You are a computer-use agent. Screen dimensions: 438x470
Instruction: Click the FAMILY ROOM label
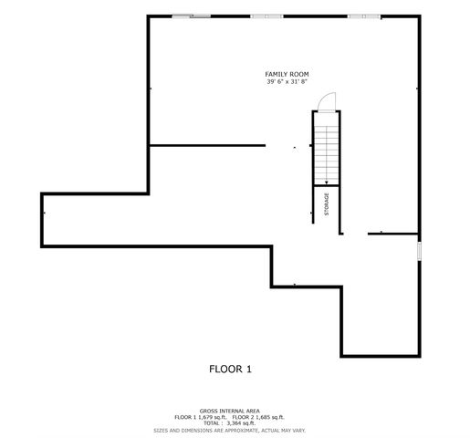coord(286,74)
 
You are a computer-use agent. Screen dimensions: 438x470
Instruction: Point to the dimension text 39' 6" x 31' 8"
coord(286,82)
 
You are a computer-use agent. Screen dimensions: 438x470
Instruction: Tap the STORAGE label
coord(327,204)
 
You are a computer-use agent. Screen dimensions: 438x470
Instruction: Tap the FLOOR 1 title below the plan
coord(230,370)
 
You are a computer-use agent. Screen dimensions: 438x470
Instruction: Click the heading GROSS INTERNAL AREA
coord(229,411)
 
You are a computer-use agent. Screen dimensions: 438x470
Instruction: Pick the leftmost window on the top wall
coord(190,16)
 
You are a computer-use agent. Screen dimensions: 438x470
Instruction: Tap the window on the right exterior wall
coord(419,252)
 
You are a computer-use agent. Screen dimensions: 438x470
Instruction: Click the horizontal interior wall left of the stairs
coord(207,145)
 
